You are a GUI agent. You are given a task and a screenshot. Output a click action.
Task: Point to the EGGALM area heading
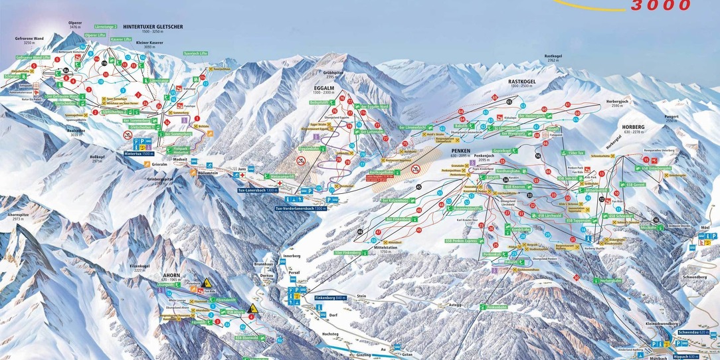tap(323, 87)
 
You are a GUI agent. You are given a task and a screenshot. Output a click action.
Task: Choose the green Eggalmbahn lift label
tap(310, 149)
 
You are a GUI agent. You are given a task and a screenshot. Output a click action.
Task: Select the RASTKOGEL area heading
tap(521, 81)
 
